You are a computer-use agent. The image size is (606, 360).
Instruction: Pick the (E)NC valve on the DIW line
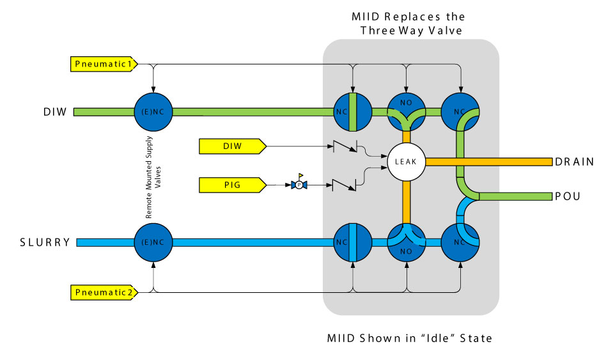coord(153,112)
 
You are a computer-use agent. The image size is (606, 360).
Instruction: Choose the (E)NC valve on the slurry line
coord(153,242)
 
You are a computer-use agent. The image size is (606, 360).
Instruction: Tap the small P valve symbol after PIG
coord(298,185)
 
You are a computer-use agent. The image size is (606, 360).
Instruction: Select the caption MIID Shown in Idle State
coord(410,338)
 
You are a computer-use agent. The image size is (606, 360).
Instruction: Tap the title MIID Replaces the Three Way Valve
coord(409,24)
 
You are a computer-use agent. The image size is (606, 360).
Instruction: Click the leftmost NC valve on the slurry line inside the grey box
coord(353,242)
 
